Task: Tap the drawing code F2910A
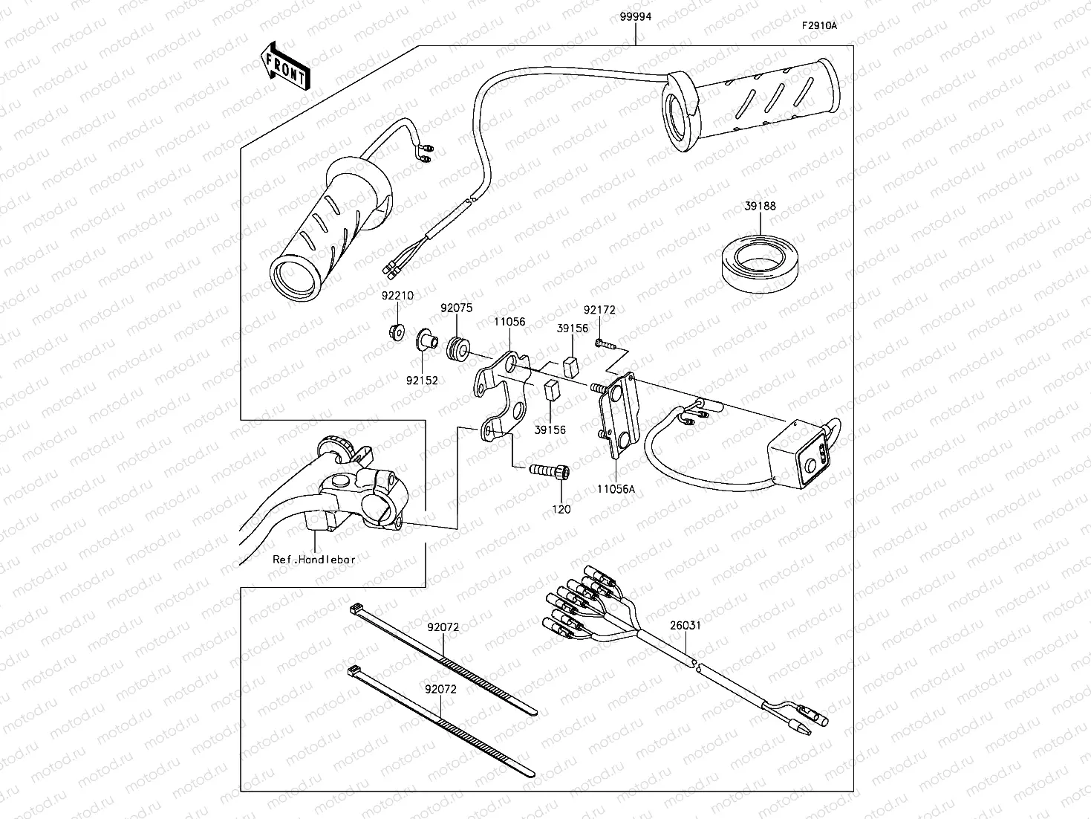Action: point(818,25)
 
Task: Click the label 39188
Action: point(761,207)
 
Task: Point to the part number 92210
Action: point(397,295)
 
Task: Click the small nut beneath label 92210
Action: point(397,331)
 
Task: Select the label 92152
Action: point(421,381)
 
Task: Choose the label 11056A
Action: point(616,489)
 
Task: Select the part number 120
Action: point(561,509)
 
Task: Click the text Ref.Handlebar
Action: point(313,559)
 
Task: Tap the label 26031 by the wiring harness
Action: point(685,625)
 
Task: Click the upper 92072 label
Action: point(443,627)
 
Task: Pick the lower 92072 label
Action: point(440,689)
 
